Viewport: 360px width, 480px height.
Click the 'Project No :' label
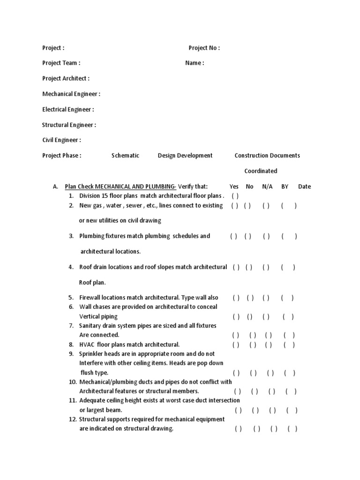pos(204,48)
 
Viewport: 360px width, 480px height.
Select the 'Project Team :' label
pos(61,63)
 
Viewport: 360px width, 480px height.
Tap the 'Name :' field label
pos(195,63)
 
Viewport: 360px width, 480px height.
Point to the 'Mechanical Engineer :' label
pos(71,94)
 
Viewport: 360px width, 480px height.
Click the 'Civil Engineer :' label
pos(61,140)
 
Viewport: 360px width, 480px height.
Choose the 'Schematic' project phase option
pos(125,156)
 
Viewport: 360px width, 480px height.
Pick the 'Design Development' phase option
pos(185,156)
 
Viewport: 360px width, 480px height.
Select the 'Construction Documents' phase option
pos(267,156)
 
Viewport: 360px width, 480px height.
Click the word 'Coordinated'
pos(261,171)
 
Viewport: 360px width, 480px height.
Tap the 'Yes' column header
pos(234,187)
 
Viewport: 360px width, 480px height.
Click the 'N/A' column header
pos(267,187)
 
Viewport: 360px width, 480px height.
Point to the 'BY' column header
pos(285,187)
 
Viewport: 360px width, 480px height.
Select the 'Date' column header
pos(304,187)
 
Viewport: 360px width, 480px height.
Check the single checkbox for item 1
pos(235,196)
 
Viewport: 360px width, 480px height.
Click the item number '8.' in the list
pos(72,345)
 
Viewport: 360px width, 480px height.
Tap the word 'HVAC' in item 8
pos(87,345)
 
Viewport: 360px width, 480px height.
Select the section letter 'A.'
pos(55,187)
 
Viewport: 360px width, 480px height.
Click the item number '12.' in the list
pos(73,420)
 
